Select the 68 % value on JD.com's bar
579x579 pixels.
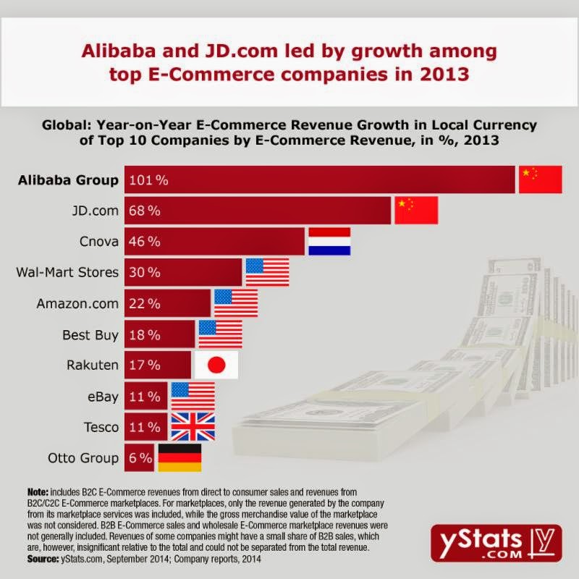coord(145,211)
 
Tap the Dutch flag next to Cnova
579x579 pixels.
coord(329,241)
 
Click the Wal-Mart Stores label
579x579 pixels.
coord(67,272)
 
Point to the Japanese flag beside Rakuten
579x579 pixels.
coord(216,365)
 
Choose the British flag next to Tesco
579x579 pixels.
coord(193,427)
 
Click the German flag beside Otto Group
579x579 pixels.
coord(179,458)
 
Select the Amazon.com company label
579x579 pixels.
coord(77,303)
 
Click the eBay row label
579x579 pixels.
coord(101,396)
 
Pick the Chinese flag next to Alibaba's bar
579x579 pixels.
coord(540,179)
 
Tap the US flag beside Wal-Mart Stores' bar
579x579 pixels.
coord(267,272)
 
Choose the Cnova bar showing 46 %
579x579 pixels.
coord(214,241)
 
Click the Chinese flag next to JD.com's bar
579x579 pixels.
coord(416,211)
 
